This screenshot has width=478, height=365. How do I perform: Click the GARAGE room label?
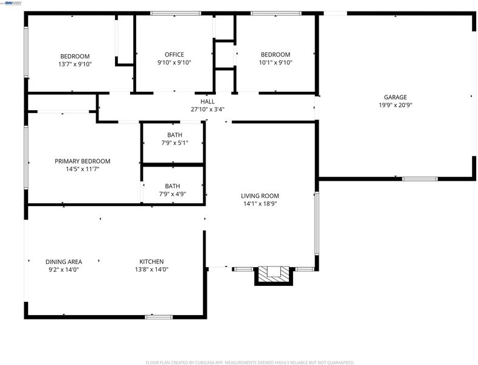click(x=395, y=97)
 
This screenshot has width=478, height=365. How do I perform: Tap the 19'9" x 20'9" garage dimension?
click(x=395, y=105)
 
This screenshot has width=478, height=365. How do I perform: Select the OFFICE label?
click(x=174, y=55)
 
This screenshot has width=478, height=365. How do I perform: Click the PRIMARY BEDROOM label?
click(x=82, y=161)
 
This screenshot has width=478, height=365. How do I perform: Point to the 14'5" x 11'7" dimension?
click(x=82, y=169)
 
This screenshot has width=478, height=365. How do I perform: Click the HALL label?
click(x=207, y=102)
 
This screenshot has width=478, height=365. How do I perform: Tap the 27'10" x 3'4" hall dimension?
click(x=207, y=109)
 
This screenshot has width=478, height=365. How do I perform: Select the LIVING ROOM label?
click(x=260, y=196)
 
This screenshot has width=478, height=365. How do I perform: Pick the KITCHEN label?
click(x=151, y=262)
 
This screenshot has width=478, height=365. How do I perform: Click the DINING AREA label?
click(x=64, y=262)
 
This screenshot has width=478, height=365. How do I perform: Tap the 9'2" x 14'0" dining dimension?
click(x=64, y=269)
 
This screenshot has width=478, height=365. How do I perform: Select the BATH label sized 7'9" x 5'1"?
click(x=175, y=135)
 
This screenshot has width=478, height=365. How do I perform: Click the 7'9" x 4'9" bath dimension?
click(x=172, y=194)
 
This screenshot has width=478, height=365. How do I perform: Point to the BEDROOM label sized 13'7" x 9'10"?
click(x=75, y=57)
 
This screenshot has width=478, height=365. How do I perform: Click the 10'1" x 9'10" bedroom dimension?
click(x=275, y=63)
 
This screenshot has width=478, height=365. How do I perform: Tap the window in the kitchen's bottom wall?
click(x=159, y=317)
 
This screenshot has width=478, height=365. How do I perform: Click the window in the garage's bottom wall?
click(x=420, y=179)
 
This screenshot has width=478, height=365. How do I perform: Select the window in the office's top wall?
click(x=176, y=13)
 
